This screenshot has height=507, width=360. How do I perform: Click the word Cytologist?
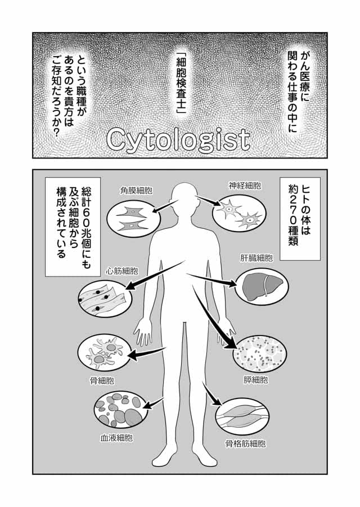[x=178, y=140]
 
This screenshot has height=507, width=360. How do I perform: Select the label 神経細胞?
[x=245, y=185]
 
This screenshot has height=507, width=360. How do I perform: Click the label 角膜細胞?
[x=136, y=191]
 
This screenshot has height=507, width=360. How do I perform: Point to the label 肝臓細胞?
[x=256, y=258]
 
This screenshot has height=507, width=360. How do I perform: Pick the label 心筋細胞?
[x=122, y=270]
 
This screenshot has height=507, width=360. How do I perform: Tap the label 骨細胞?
[x=102, y=381]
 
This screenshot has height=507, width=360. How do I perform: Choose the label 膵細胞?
[x=256, y=379]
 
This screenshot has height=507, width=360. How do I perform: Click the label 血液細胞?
[x=116, y=438]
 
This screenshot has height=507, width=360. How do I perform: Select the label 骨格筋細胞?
[x=246, y=443]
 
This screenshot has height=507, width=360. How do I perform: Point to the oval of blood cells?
[x=120, y=410]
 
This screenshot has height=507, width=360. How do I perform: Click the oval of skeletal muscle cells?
[x=242, y=417]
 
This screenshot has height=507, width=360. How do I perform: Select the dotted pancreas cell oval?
[x=260, y=354]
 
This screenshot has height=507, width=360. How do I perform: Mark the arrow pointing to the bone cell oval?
[x=147, y=352]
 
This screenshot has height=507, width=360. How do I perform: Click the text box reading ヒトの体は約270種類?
[x=300, y=219]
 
